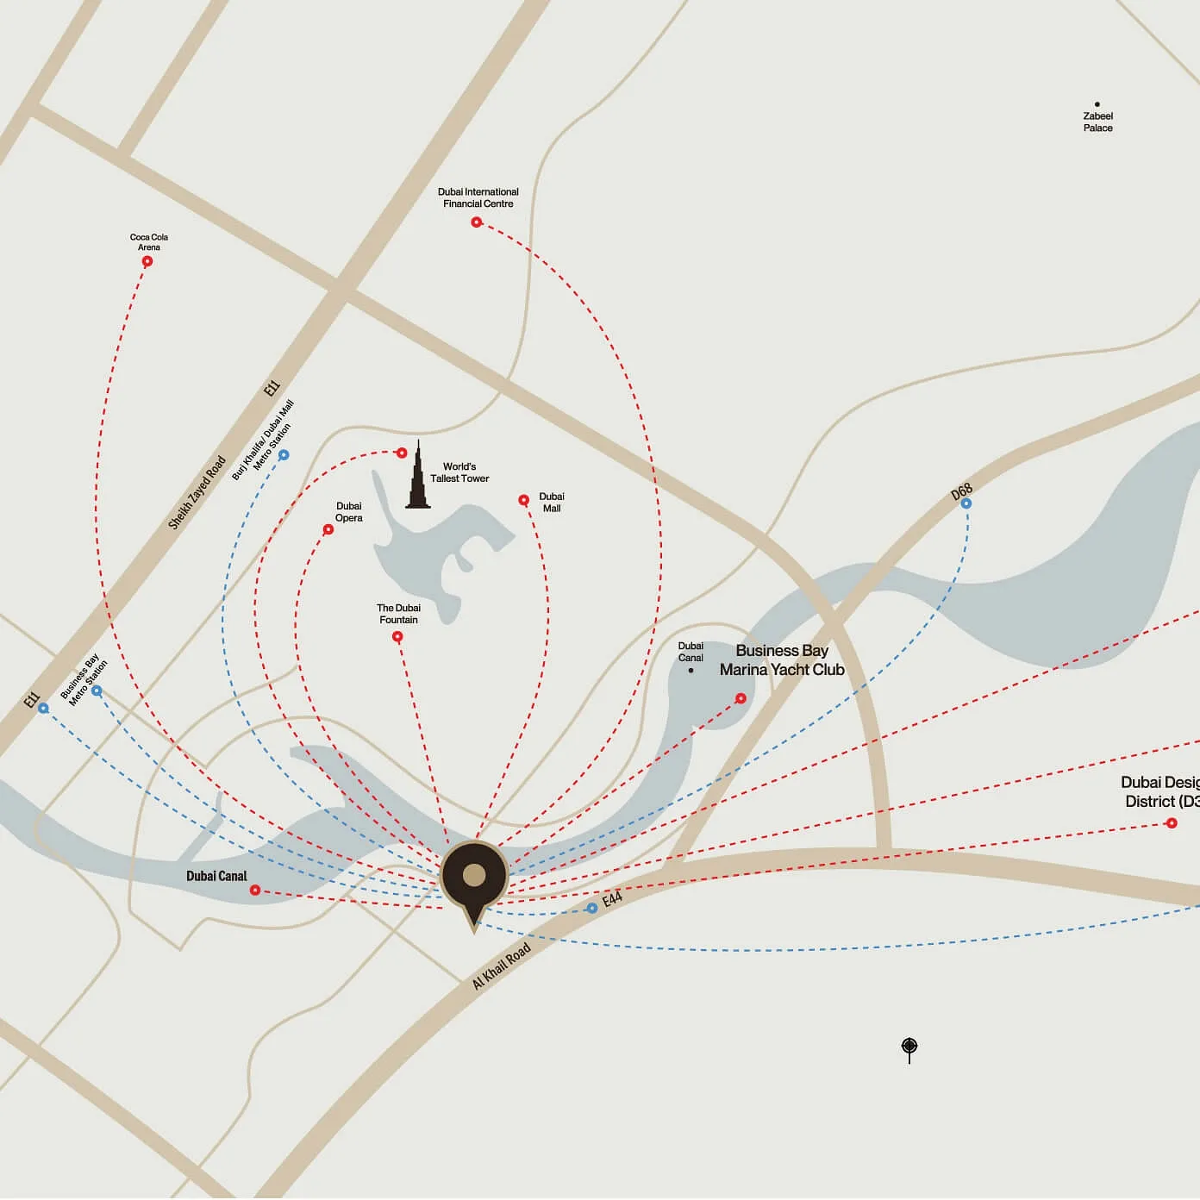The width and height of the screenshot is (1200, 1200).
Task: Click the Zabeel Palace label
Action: tap(1097, 122)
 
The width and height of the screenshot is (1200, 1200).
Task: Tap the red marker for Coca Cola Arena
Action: tap(147, 261)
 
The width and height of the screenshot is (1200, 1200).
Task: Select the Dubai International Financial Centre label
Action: tap(478, 197)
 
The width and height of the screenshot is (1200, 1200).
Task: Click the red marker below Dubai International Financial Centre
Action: tap(476, 222)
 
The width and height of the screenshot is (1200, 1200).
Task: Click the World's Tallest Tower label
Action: tap(459, 472)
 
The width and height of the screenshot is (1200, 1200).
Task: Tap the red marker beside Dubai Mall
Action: tap(523, 500)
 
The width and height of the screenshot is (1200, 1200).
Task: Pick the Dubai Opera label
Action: tap(348, 512)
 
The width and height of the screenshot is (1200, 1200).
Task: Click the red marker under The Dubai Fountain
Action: tap(397, 637)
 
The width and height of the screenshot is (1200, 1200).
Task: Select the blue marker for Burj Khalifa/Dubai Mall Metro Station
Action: tap(284, 455)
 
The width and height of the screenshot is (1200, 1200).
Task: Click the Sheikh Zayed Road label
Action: tap(197, 492)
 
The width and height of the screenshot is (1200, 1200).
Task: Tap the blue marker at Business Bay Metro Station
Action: tap(97, 691)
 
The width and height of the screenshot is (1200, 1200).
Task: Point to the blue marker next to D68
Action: tap(966, 503)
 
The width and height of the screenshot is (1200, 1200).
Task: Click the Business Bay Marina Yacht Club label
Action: tap(782, 660)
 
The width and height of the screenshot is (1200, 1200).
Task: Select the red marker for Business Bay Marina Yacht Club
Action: tap(741, 698)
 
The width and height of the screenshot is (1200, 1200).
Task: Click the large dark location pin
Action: tap(474, 877)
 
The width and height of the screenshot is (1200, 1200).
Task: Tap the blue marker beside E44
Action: tap(591, 909)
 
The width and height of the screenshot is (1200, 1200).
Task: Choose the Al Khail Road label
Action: tap(501, 966)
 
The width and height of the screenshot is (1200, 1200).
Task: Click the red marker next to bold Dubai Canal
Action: tap(255, 890)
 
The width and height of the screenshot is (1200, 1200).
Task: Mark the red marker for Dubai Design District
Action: tap(1171, 823)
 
